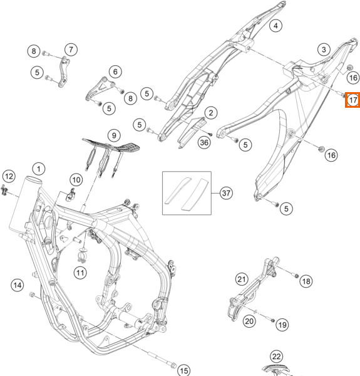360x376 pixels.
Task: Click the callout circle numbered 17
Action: pos(352,100)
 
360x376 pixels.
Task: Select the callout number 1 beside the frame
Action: pos(39,169)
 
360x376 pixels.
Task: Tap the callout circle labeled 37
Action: pos(226,193)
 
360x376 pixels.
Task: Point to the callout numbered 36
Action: pos(204,142)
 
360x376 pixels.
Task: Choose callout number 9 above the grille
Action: pos(114,135)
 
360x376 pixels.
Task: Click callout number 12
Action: pos(9,176)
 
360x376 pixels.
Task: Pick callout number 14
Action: pos(18,285)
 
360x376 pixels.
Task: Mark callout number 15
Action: pos(184,370)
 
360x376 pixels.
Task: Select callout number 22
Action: pos(276,357)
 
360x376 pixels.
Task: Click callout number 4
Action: pos(276,26)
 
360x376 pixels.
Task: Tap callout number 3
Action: pos(324,50)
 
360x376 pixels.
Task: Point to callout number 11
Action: pos(80,273)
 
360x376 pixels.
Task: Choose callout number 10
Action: pos(76,180)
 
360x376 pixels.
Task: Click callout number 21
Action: pos(242,279)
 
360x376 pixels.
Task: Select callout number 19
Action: pos(282,325)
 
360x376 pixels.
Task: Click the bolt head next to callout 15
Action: pos(173,365)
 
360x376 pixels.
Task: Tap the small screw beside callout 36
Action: pos(210,135)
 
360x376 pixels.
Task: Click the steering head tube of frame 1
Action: pos(25,204)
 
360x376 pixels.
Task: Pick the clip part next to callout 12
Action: pos(4,190)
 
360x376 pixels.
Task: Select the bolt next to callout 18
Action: pos(296,275)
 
